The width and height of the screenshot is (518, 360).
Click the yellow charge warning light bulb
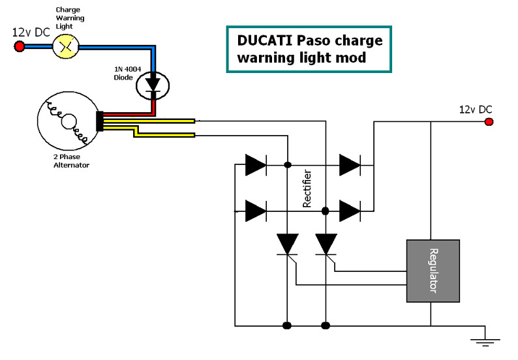(64, 46)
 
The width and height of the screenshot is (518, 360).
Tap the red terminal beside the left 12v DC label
(20, 46)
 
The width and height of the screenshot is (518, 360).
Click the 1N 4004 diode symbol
(153, 84)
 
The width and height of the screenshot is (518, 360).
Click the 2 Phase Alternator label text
(71, 161)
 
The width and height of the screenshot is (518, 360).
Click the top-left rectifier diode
(255, 165)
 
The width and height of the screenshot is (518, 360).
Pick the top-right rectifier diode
(350, 165)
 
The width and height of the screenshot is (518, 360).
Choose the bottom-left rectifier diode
(255, 211)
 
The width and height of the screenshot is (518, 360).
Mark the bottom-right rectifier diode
(350, 211)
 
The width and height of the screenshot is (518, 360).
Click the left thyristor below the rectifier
(287, 245)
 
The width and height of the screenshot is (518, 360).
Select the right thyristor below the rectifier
(326, 245)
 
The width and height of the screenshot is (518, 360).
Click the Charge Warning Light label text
(70, 18)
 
